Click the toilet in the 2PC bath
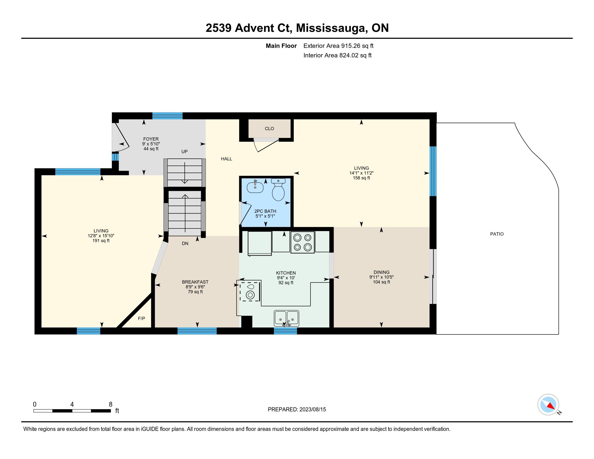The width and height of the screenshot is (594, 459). pos(278,190)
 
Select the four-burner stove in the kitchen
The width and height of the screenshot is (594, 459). pos(302,242)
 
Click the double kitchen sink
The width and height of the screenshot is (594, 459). pos(286,318)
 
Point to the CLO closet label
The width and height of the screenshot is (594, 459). pos(269,129)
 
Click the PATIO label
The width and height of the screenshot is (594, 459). pos(497,234)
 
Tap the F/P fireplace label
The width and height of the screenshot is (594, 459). pos(141,318)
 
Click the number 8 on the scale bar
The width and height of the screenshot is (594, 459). pos(110,404)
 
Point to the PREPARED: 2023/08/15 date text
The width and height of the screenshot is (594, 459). pos(297,409)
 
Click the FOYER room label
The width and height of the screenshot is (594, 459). pos(151,139)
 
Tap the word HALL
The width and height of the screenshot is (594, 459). pos(227,159)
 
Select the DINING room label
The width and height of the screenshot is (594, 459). pos(382,272)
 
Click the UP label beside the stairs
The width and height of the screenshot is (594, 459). pos(184,151)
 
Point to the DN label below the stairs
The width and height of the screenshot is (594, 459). pos(185,244)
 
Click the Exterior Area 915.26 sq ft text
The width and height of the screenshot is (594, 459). pos(338,46)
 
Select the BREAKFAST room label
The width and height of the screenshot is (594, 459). pos(195,282)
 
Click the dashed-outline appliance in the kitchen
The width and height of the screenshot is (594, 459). pos(250,292)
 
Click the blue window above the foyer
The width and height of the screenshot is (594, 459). pos(167,116)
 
